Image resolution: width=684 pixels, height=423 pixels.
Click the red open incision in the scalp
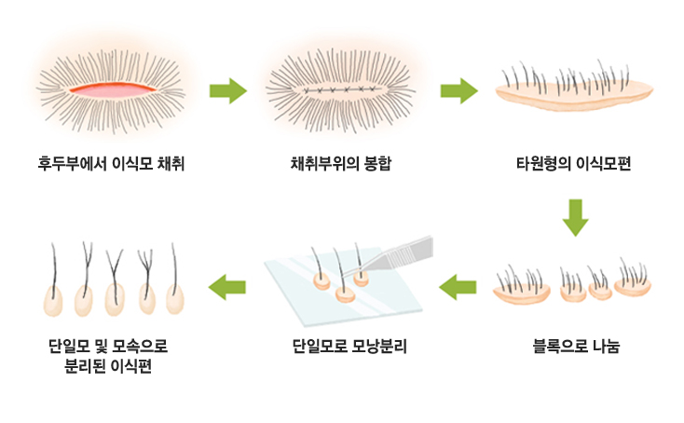tap(113, 89)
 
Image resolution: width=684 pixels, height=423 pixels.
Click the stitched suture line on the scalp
tap(341, 89)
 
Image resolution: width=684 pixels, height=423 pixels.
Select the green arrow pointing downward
tap(575, 218)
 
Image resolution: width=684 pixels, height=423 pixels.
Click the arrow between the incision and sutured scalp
tap(228, 91)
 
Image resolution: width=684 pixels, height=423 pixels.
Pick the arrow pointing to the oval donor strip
tap(458, 91)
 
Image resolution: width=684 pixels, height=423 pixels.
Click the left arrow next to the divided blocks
tap(458, 287)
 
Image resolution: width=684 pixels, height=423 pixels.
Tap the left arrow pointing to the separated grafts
tap(226, 287)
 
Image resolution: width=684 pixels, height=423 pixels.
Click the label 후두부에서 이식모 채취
tap(111, 164)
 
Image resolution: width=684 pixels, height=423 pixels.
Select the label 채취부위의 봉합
tap(341, 164)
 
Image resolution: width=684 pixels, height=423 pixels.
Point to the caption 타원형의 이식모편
tap(574, 164)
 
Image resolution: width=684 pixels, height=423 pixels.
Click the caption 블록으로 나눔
tap(576, 346)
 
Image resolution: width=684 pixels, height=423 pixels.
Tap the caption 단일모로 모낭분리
tap(349, 347)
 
